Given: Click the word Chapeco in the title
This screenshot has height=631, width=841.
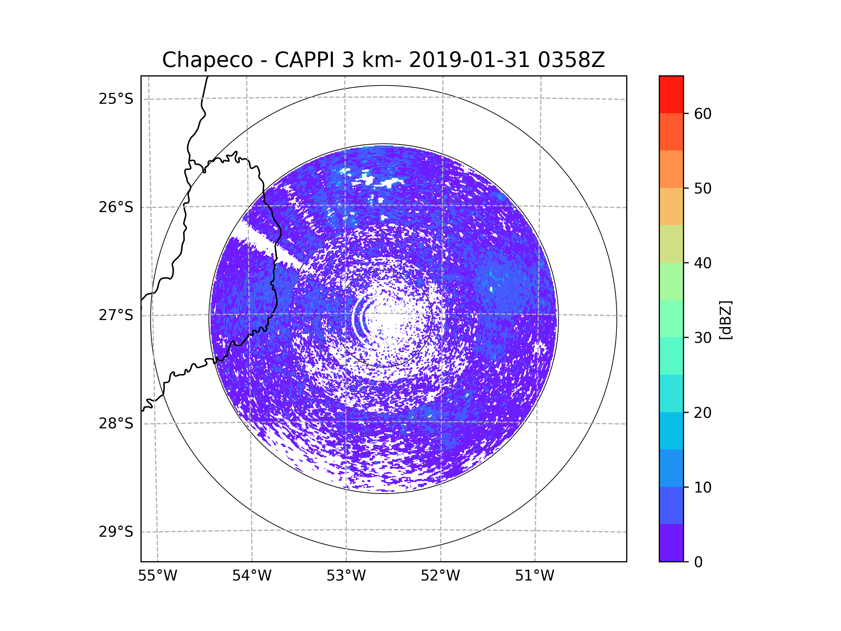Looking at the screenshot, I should [207, 60].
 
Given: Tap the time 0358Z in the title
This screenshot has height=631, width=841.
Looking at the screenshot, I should [571, 60].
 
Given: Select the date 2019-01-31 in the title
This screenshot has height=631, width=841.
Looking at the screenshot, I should [469, 60].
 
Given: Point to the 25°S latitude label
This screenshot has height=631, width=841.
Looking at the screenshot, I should [116, 99].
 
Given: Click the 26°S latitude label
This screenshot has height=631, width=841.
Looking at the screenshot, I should [116, 207].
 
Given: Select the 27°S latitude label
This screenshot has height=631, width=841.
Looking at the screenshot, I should [116, 315].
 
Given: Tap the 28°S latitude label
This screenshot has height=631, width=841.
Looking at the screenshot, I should [116, 423].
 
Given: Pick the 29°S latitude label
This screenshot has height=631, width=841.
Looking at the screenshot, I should [116, 532].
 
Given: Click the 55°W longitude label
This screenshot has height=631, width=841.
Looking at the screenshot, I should [157, 576].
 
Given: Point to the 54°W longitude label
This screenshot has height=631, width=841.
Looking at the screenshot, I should [252, 576].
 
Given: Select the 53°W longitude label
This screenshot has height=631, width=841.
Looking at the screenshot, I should [346, 576].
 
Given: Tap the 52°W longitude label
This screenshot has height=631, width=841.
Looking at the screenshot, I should [440, 576].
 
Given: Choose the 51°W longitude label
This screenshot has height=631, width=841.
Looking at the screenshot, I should [534, 576].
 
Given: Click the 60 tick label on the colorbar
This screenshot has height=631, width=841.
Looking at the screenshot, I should [703, 114].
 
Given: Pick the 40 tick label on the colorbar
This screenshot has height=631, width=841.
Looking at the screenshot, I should [703, 263].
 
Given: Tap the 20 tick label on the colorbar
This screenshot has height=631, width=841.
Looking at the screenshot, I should [703, 413].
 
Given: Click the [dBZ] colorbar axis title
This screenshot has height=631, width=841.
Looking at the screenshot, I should [725, 320].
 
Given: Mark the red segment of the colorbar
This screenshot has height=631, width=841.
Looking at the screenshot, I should [671, 94].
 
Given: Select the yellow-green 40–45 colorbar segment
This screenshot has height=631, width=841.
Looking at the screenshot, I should [671, 244].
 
